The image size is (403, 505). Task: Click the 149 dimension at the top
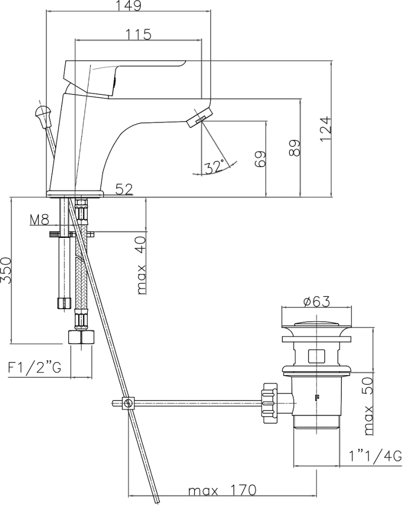[127, 6]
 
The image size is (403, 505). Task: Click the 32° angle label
[215, 166]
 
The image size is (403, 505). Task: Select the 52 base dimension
[124, 189]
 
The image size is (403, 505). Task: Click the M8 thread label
[39, 220]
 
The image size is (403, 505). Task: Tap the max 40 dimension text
[141, 265]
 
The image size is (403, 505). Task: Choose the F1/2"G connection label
[34, 368]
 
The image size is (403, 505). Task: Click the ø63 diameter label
[316, 301]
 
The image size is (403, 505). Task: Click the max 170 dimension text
[223, 490]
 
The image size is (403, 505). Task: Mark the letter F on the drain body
[317, 397]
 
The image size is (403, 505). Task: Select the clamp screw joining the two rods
[129, 403]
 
